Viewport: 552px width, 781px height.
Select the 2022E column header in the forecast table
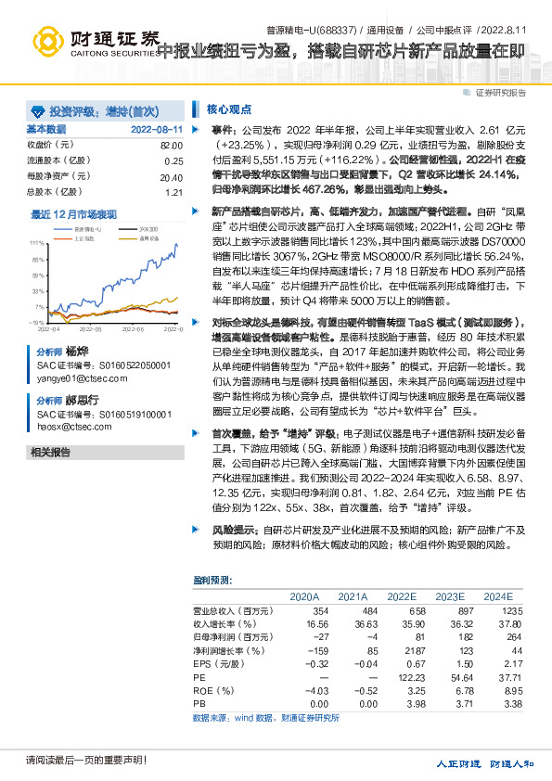coord(402,596)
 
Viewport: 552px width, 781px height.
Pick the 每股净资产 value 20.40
coord(171,176)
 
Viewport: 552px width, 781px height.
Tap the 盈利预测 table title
coord(212,580)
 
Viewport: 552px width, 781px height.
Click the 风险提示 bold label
coord(233,529)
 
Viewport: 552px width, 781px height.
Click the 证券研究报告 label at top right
coord(500,92)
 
